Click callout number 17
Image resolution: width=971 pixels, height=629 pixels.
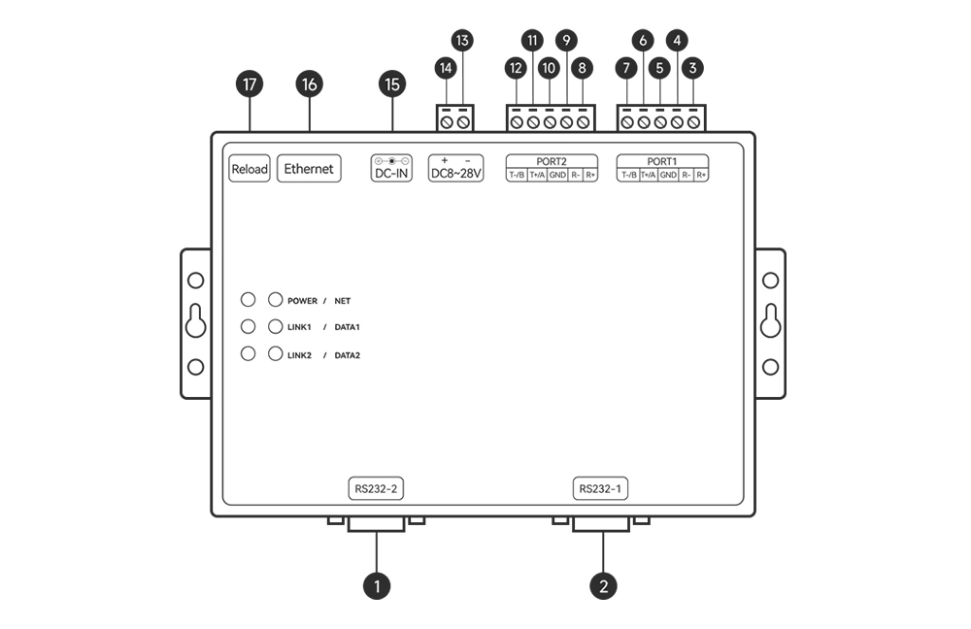coord(250,85)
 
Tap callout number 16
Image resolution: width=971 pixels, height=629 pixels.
coord(310,85)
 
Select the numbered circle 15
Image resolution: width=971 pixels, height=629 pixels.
coord(392,85)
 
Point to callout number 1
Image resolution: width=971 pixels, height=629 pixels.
coord(376,585)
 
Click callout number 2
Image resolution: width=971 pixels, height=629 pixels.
coord(604,585)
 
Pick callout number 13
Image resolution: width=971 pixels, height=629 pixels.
coord(462,41)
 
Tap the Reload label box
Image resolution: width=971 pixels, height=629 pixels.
coord(250,169)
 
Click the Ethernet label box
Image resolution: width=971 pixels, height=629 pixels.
coord(309,169)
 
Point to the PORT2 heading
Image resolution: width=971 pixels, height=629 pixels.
coord(552,161)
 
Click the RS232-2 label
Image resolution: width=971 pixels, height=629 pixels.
coord(376,488)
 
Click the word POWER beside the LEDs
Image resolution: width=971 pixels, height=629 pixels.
coord(303,301)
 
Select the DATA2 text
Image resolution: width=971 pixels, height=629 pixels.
coord(348,355)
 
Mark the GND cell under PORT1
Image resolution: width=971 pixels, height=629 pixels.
coord(668,176)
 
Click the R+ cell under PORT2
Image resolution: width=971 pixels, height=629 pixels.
coord(590,176)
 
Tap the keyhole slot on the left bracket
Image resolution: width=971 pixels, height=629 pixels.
coord(195,321)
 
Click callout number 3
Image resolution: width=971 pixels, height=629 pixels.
coord(693,69)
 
